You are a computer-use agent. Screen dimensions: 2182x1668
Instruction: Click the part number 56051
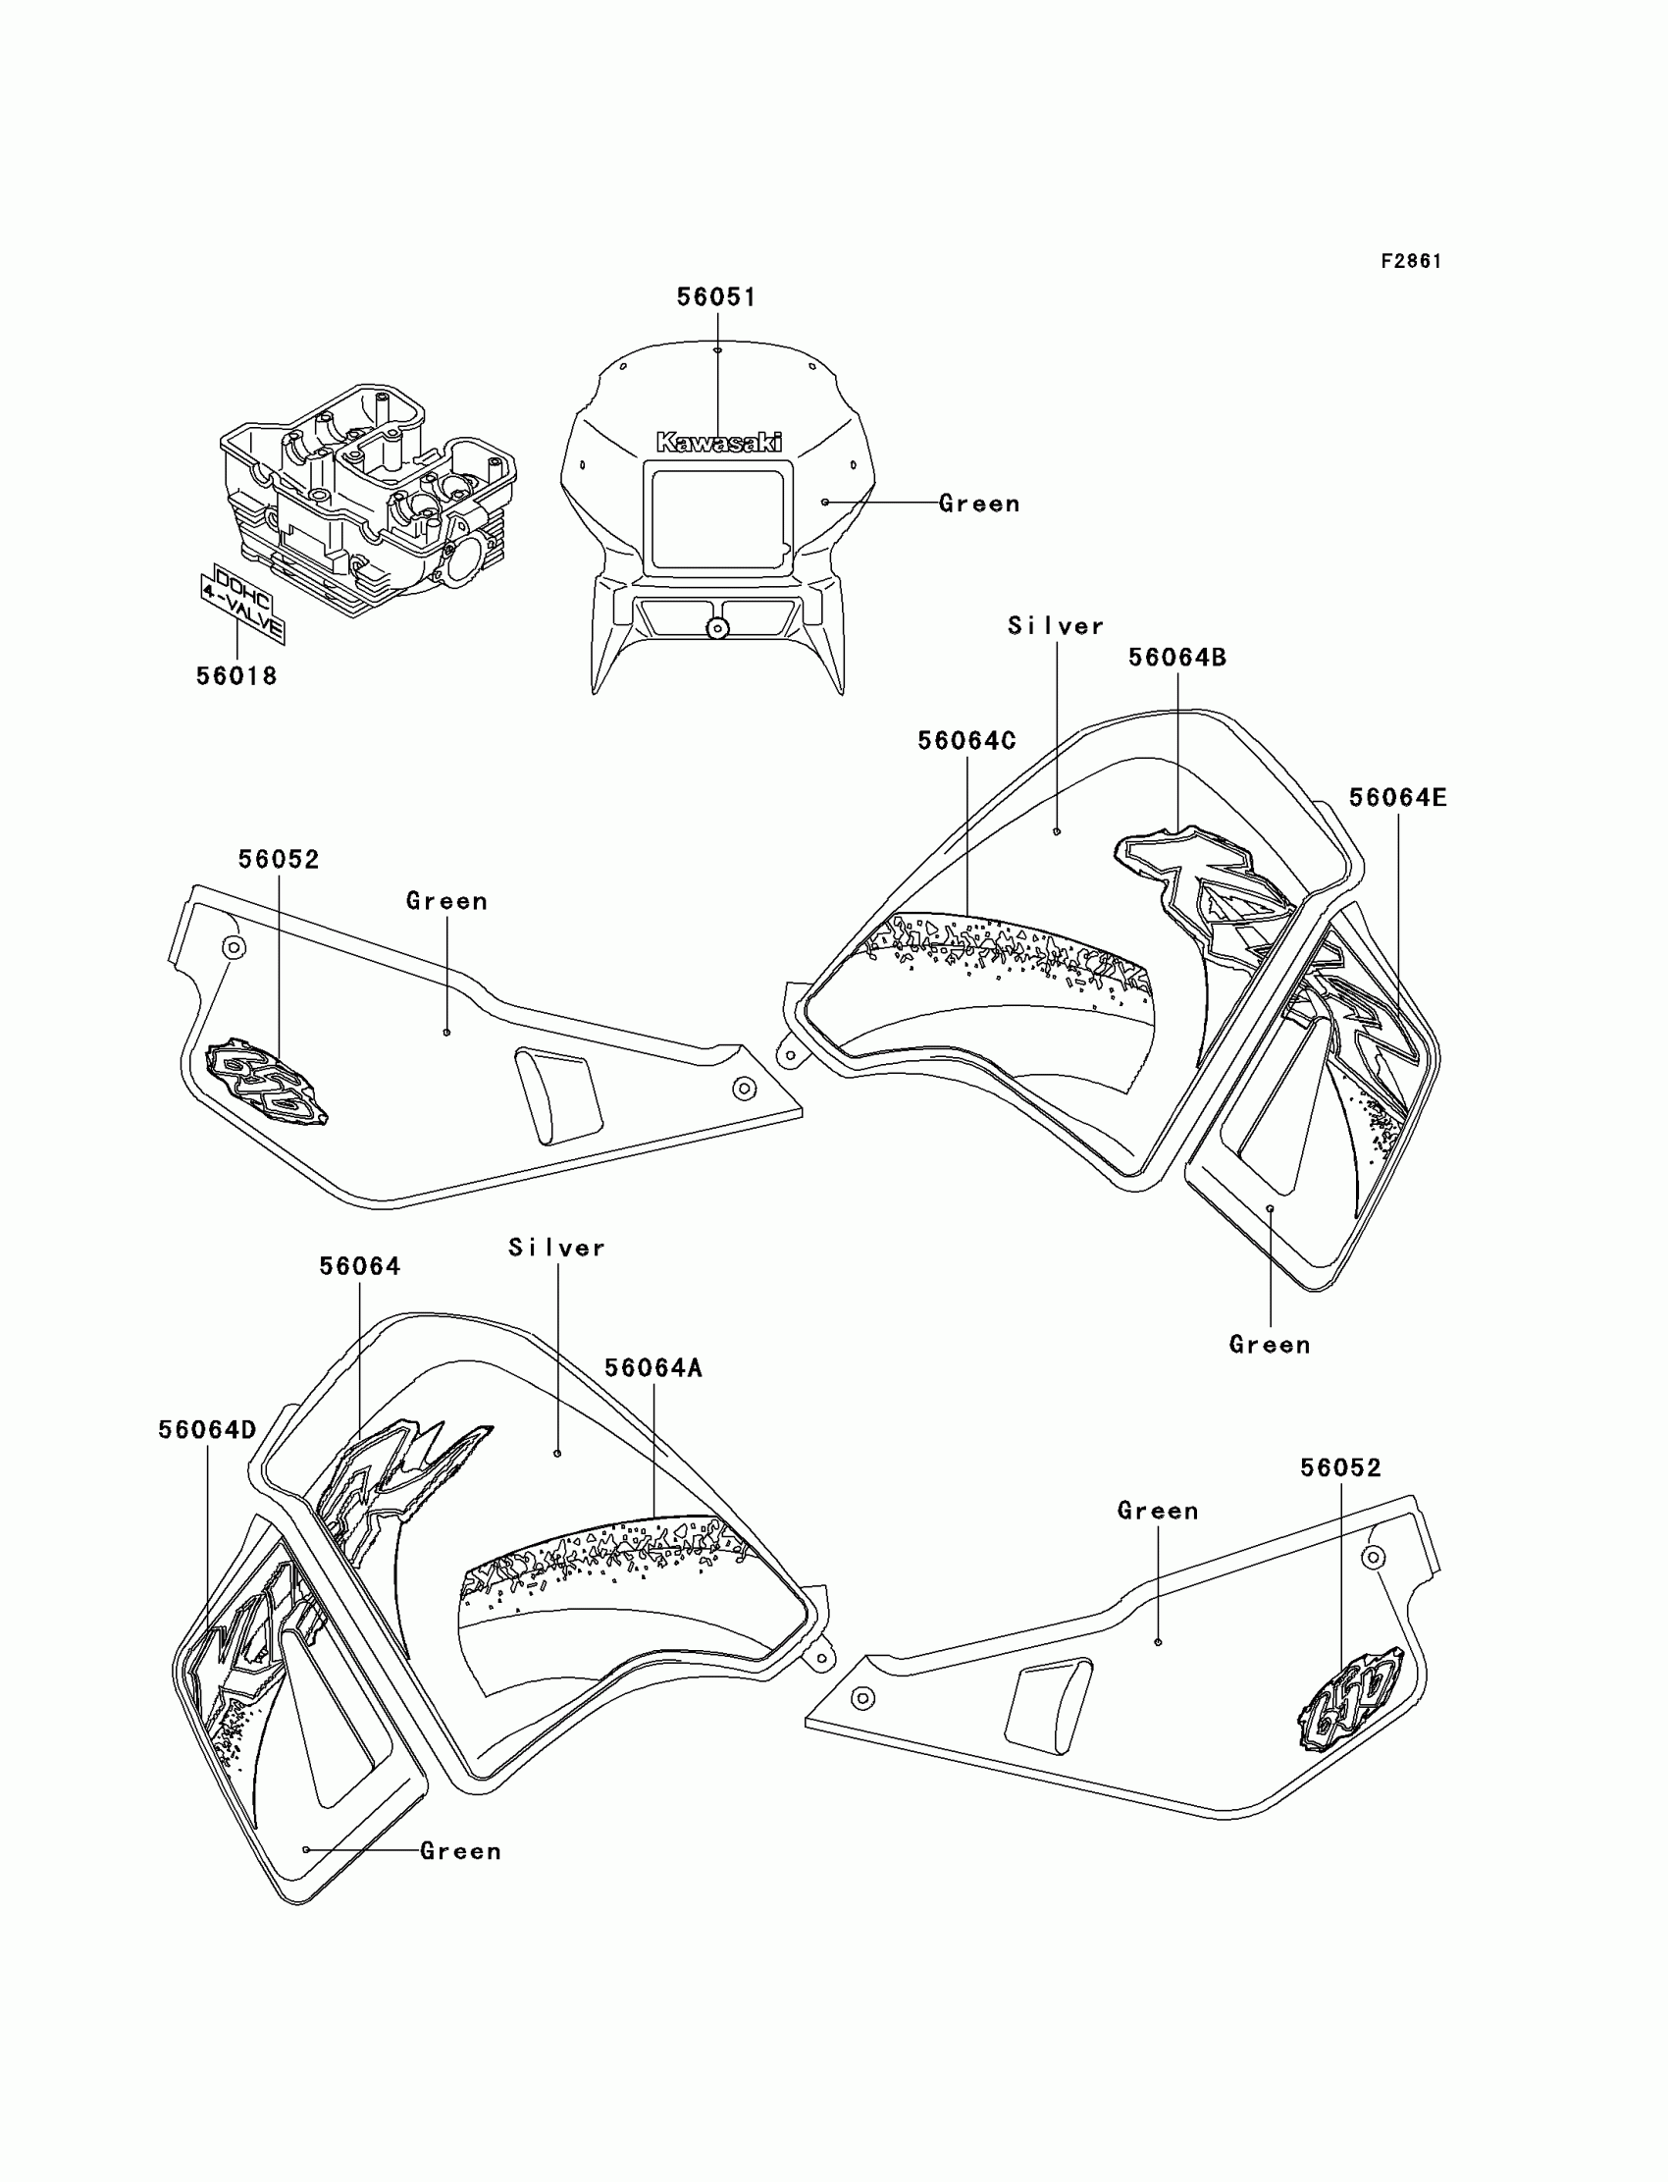(x=716, y=297)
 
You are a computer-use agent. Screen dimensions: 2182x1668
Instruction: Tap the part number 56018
(x=236, y=676)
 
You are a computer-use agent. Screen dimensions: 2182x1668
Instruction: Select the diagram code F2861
(x=1411, y=261)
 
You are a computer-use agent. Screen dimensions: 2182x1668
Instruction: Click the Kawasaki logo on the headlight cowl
(x=719, y=443)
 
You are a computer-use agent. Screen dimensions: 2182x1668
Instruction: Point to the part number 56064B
(x=1177, y=658)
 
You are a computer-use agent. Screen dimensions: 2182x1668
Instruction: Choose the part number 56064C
(x=967, y=741)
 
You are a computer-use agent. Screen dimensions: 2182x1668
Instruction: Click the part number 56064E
(x=1398, y=798)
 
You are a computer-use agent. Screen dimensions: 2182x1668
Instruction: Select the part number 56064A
(x=653, y=1368)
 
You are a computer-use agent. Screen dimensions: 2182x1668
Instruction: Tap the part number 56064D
(x=207, y=1430)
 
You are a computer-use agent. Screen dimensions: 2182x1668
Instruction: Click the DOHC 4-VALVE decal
(x=242, y=602)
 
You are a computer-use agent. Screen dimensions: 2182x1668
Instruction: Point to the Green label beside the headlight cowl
(x=980, y=505)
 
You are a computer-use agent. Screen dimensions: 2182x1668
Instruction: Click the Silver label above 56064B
(x=1057, y=626)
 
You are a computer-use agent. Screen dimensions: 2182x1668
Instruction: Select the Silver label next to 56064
(x=557, y=1249)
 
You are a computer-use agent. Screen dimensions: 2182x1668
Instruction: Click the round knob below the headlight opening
(x=717, y=628)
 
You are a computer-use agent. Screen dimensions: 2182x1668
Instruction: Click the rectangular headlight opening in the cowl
(x=717, y=519)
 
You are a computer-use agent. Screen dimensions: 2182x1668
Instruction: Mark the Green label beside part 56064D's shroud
(x=461, y=1851)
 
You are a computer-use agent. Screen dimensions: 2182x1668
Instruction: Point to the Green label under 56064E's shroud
(x=1270, y=1345)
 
